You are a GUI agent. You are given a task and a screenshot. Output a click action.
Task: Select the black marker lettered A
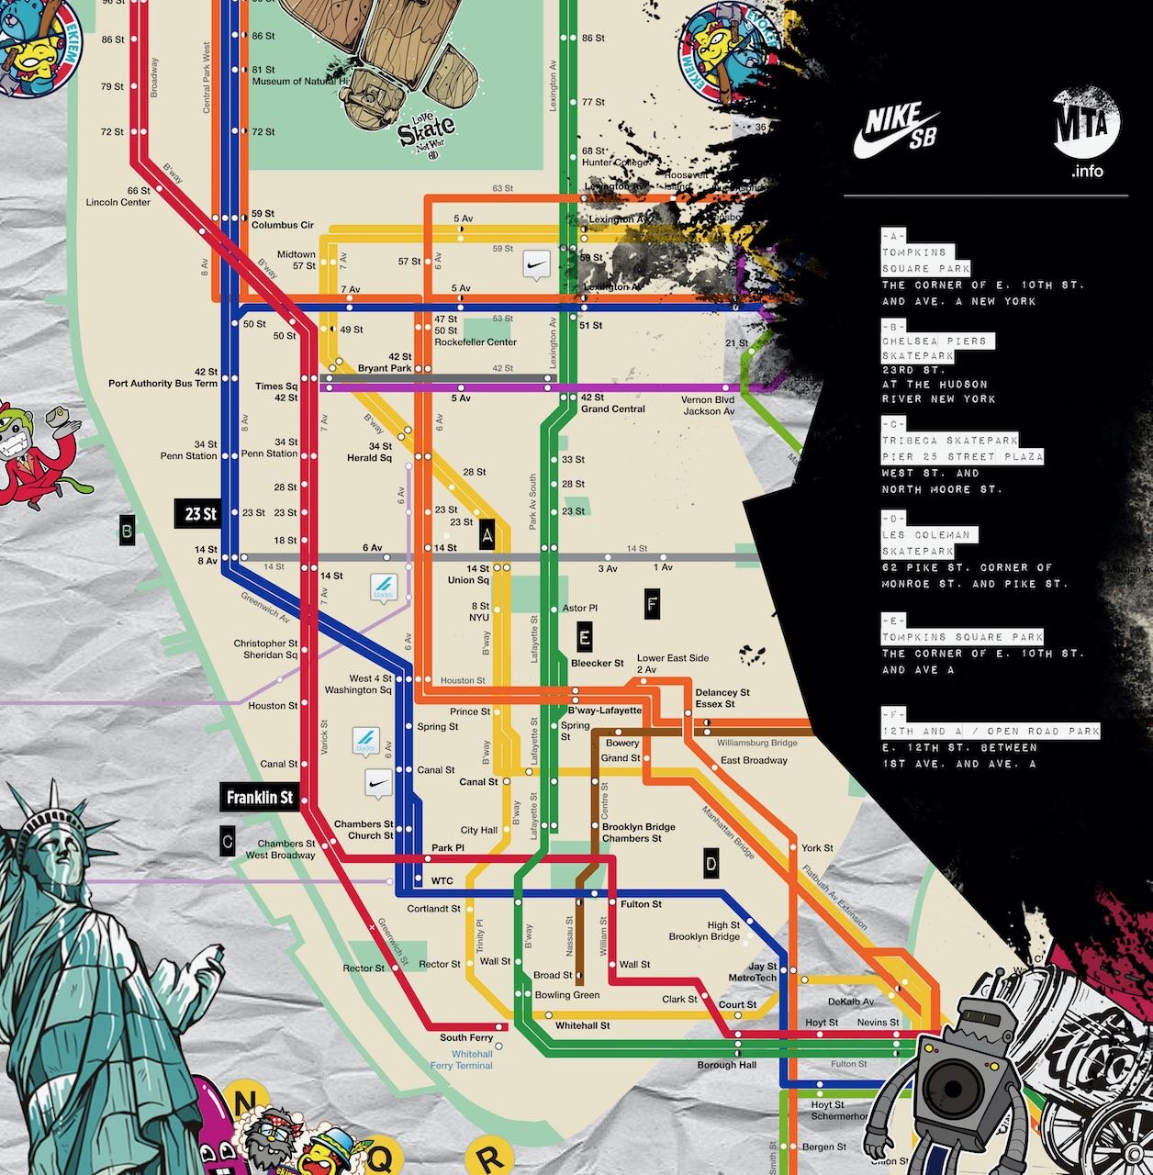pos(487,533)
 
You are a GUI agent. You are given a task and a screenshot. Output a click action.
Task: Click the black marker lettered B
pos(128,531)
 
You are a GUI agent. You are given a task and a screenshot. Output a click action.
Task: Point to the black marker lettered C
pos(228,841)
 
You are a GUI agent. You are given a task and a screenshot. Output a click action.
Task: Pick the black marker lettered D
pos(711,863)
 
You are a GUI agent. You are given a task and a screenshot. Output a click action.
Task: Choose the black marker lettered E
pos(585,636)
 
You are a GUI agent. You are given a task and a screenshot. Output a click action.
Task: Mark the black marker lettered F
pos(652,604)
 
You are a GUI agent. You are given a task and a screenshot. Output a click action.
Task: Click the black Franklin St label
pos(260,798)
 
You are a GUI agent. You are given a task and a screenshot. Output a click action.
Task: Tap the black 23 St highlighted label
pos(199,513)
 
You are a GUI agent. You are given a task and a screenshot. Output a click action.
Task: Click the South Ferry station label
pos(466,1038)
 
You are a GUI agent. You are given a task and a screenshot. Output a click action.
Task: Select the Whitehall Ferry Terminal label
pos(463,1060)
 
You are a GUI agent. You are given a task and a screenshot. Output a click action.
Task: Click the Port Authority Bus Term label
pos(162,384)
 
